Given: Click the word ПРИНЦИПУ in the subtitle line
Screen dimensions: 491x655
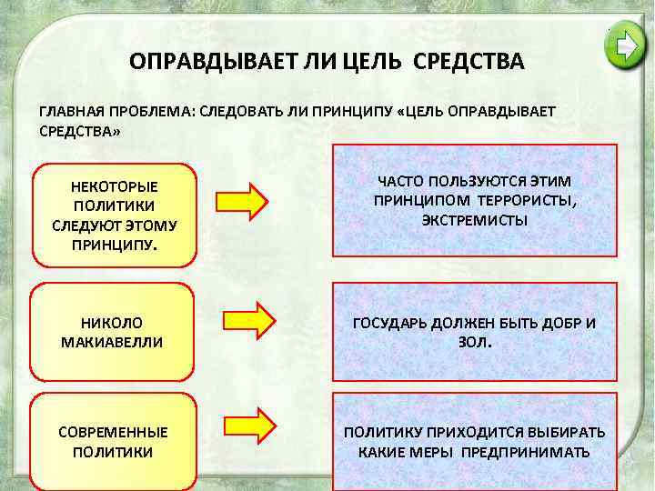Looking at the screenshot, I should click(x=351, y=111).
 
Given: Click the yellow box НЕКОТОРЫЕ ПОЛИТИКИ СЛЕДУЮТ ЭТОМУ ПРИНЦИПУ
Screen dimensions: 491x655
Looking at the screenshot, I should click(x=114, y=215).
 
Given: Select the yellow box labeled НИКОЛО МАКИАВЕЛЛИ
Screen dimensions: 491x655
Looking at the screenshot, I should click(x=113, y=332).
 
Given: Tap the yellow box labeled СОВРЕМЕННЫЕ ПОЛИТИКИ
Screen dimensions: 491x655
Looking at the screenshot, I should click(x=113, y=441).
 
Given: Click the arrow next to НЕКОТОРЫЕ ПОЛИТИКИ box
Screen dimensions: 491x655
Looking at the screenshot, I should click(x=242, y=198).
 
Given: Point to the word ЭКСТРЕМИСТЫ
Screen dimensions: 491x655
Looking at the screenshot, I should click(x=474, y=220).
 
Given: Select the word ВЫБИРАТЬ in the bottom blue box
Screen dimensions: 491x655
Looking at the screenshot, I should click(x=564, y=433).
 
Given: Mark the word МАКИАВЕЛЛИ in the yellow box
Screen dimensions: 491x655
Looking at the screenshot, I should click(x=113, y=343).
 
